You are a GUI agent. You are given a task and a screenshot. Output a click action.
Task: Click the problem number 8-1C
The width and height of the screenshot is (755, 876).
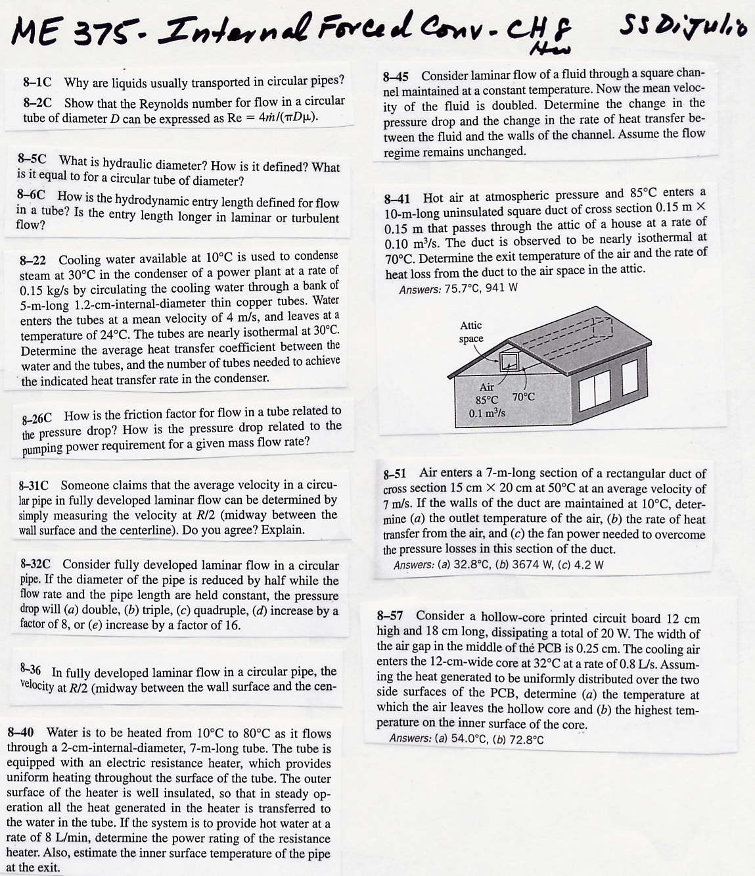37,83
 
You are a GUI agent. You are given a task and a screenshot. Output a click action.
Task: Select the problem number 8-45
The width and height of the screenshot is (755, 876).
396,77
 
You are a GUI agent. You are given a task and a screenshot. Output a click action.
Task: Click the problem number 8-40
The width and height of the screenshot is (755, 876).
20,733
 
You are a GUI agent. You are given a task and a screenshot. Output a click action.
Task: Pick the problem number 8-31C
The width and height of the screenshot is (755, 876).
34,486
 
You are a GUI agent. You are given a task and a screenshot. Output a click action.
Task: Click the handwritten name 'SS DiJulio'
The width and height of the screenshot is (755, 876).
683,28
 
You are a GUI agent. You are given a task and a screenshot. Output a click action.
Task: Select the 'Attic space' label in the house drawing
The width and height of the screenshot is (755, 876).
470,332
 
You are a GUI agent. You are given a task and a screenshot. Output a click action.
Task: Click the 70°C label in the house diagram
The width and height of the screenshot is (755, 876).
523,397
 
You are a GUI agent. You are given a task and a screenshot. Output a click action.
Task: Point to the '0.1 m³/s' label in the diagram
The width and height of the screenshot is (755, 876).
487,413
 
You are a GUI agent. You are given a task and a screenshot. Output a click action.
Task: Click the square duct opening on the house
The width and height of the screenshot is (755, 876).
509,361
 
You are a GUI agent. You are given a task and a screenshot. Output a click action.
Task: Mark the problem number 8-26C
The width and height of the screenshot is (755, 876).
37,418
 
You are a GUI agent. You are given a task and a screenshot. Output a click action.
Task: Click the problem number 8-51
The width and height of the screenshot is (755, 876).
395,474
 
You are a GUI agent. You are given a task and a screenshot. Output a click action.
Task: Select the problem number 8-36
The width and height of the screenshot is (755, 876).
31,670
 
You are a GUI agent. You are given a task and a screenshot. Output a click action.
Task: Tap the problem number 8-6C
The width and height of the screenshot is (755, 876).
32,195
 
